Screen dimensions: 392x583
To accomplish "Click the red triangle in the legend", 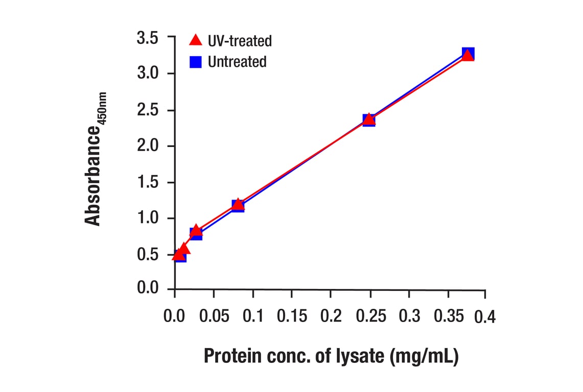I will (196, 40).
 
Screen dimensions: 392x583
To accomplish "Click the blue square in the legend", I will (196, 62).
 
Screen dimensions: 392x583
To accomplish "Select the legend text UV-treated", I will (240, 40).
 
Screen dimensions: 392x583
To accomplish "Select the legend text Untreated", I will (237, 62).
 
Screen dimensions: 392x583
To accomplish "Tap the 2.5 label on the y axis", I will (148, 111).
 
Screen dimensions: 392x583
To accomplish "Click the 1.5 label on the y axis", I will (148, 183).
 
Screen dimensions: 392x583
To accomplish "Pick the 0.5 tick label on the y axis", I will (148, 255).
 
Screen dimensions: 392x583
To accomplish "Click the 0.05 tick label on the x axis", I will (214, 316).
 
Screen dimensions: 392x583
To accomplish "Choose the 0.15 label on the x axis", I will (292, 316).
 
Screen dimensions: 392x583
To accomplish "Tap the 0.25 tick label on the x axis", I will (370, 316).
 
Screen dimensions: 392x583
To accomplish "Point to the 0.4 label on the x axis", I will (484, 317).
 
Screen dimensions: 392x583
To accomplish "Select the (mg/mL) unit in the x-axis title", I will (424, 356).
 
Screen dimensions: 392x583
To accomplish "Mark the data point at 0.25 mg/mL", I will (369, 120).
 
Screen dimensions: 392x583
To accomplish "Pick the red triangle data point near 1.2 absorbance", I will (238, 205).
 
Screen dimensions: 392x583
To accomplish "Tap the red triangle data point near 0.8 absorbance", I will (196, 231).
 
